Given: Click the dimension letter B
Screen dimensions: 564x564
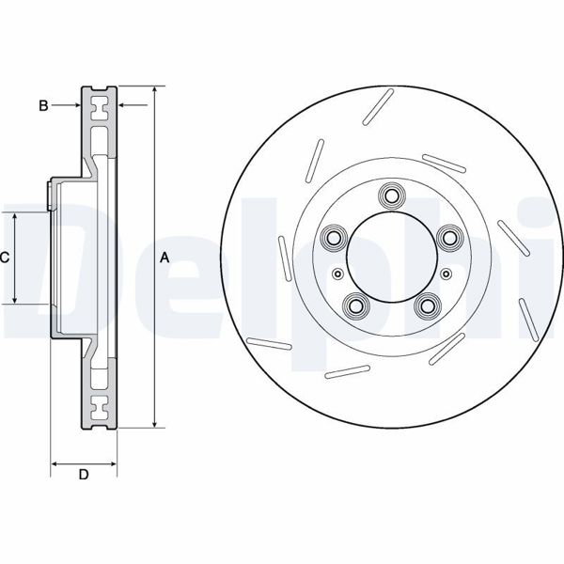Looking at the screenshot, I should pos(43,105).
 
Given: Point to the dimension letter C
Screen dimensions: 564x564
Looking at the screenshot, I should pos(5,258).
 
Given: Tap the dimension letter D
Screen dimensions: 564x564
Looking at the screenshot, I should pos(83,475).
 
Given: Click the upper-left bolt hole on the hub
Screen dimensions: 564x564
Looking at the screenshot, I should pos(333,239).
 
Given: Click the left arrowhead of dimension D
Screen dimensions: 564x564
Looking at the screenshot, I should pos(54,462).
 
